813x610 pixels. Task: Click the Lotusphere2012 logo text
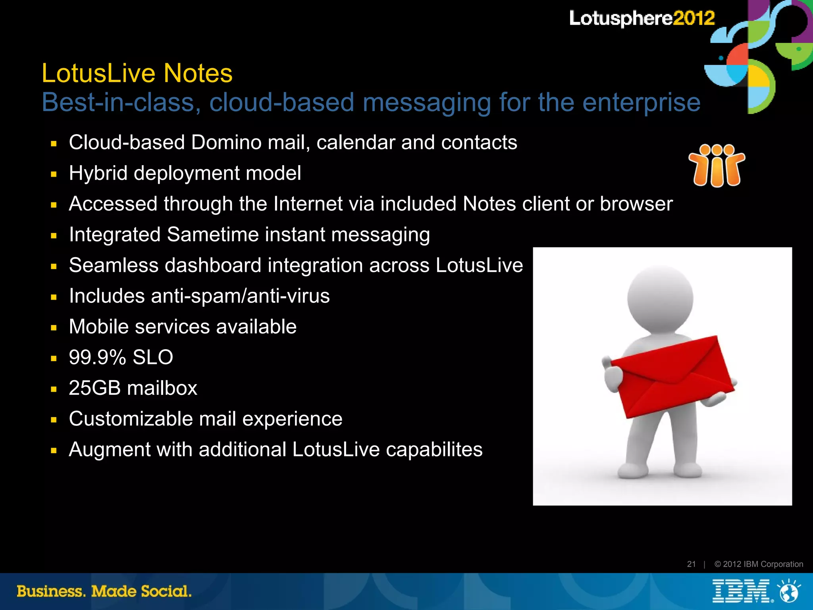pos(642,18)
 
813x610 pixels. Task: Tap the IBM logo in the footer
pos(741,591)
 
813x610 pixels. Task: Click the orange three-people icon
pos(717,165)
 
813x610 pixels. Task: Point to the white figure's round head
pos(660,299)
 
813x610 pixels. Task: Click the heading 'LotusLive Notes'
pos(137,73)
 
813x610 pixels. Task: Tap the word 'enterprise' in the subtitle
pos(641,103)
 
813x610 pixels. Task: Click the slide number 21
pos(691,564)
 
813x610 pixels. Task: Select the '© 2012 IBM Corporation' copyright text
pos(758,564)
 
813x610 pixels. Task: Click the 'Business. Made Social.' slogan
pos(104,591)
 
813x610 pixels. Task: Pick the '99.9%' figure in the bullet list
pos(97,357)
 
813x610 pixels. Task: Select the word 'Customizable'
pos(131,419)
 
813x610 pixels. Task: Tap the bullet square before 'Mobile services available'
pos(54,328)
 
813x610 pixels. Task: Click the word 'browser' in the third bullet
pos(636,204)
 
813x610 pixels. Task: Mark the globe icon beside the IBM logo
pos(789,591)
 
